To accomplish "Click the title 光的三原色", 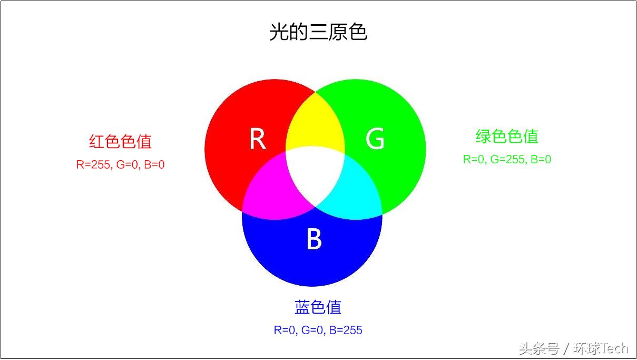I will pos(318,32).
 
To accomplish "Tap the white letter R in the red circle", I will pos(257,139).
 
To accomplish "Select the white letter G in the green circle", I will pos(375,139).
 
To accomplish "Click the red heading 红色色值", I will pos(121,141).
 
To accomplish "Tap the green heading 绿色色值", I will pos(507,137).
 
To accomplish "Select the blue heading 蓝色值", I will pos(318,307).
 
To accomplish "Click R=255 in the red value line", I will pos(93,165).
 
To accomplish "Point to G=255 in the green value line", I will pos(508,160).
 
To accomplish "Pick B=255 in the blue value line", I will pos(346,330).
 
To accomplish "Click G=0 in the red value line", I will pos(127,165).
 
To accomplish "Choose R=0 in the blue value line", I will pos(285,330).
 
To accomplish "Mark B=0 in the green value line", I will pos(541,160).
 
